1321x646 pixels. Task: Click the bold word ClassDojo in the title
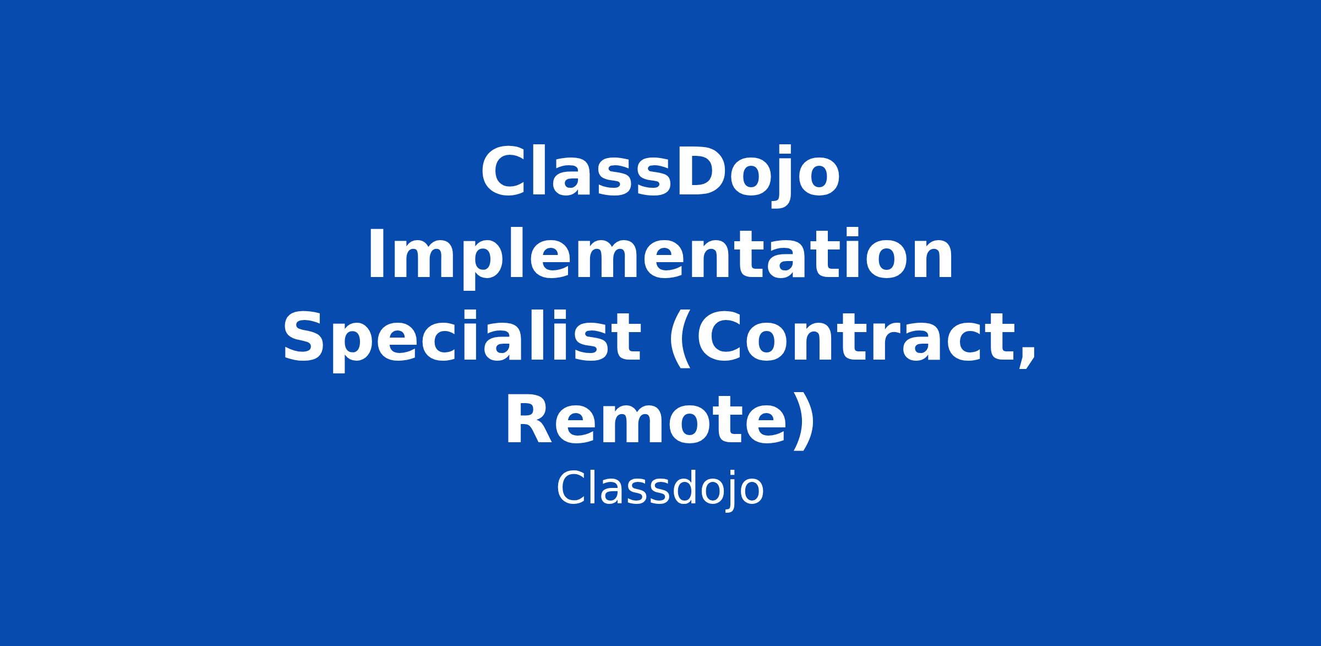[660, 174]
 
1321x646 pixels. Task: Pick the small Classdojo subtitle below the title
[660, 489]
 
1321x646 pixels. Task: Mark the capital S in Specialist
[303, 336]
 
